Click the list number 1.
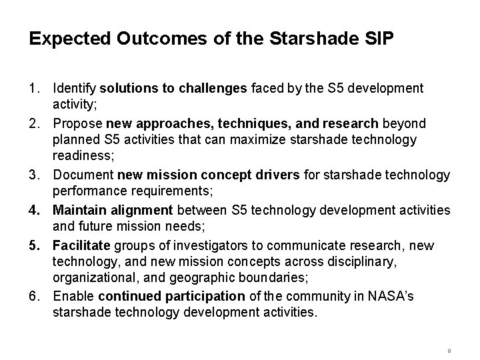click(33, 88)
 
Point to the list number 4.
click(33, 209)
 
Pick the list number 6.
click(33, 296)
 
